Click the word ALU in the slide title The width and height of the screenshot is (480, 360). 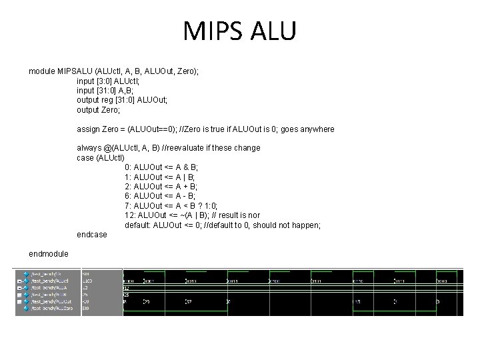[x=271, y=31]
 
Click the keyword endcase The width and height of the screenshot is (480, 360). [x=91, y=235]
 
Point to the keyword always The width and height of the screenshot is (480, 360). [x=89, y=148]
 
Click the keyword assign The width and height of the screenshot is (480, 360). [x=89, y=129]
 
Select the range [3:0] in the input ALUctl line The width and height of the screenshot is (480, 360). [x=109, y=81]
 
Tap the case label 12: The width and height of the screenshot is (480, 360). [x=130, y=215]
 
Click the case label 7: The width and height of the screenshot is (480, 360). [x=128, y=206]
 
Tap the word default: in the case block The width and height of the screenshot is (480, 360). [x=138, y=225]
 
